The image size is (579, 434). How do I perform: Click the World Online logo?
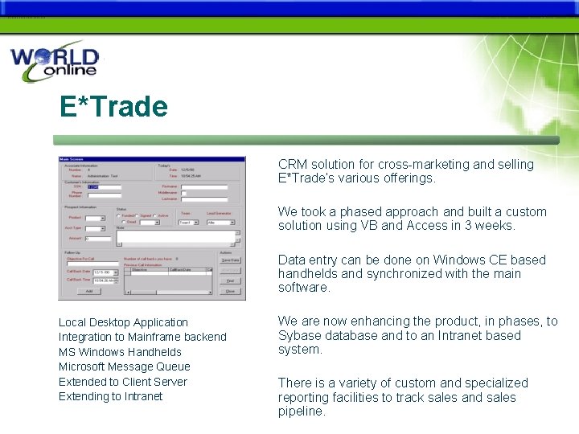pos(55,63)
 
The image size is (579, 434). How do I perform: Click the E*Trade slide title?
pos(113,106)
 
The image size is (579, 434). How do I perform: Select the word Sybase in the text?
pos(299,335)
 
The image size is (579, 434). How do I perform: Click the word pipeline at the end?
pos(302,411)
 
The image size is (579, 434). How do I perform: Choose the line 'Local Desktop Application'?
pos(123,322)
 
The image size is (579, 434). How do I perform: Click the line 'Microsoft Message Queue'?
pos(125,366)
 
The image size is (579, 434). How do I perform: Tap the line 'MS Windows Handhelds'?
pos(120,352)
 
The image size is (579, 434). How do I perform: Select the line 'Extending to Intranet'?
pos(110,396)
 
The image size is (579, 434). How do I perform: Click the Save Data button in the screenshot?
pos(230,260)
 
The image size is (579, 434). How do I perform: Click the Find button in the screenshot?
pos(230,280)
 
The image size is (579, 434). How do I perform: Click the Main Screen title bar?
pos(151,160)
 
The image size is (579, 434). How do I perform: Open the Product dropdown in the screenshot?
pos(95,218)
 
